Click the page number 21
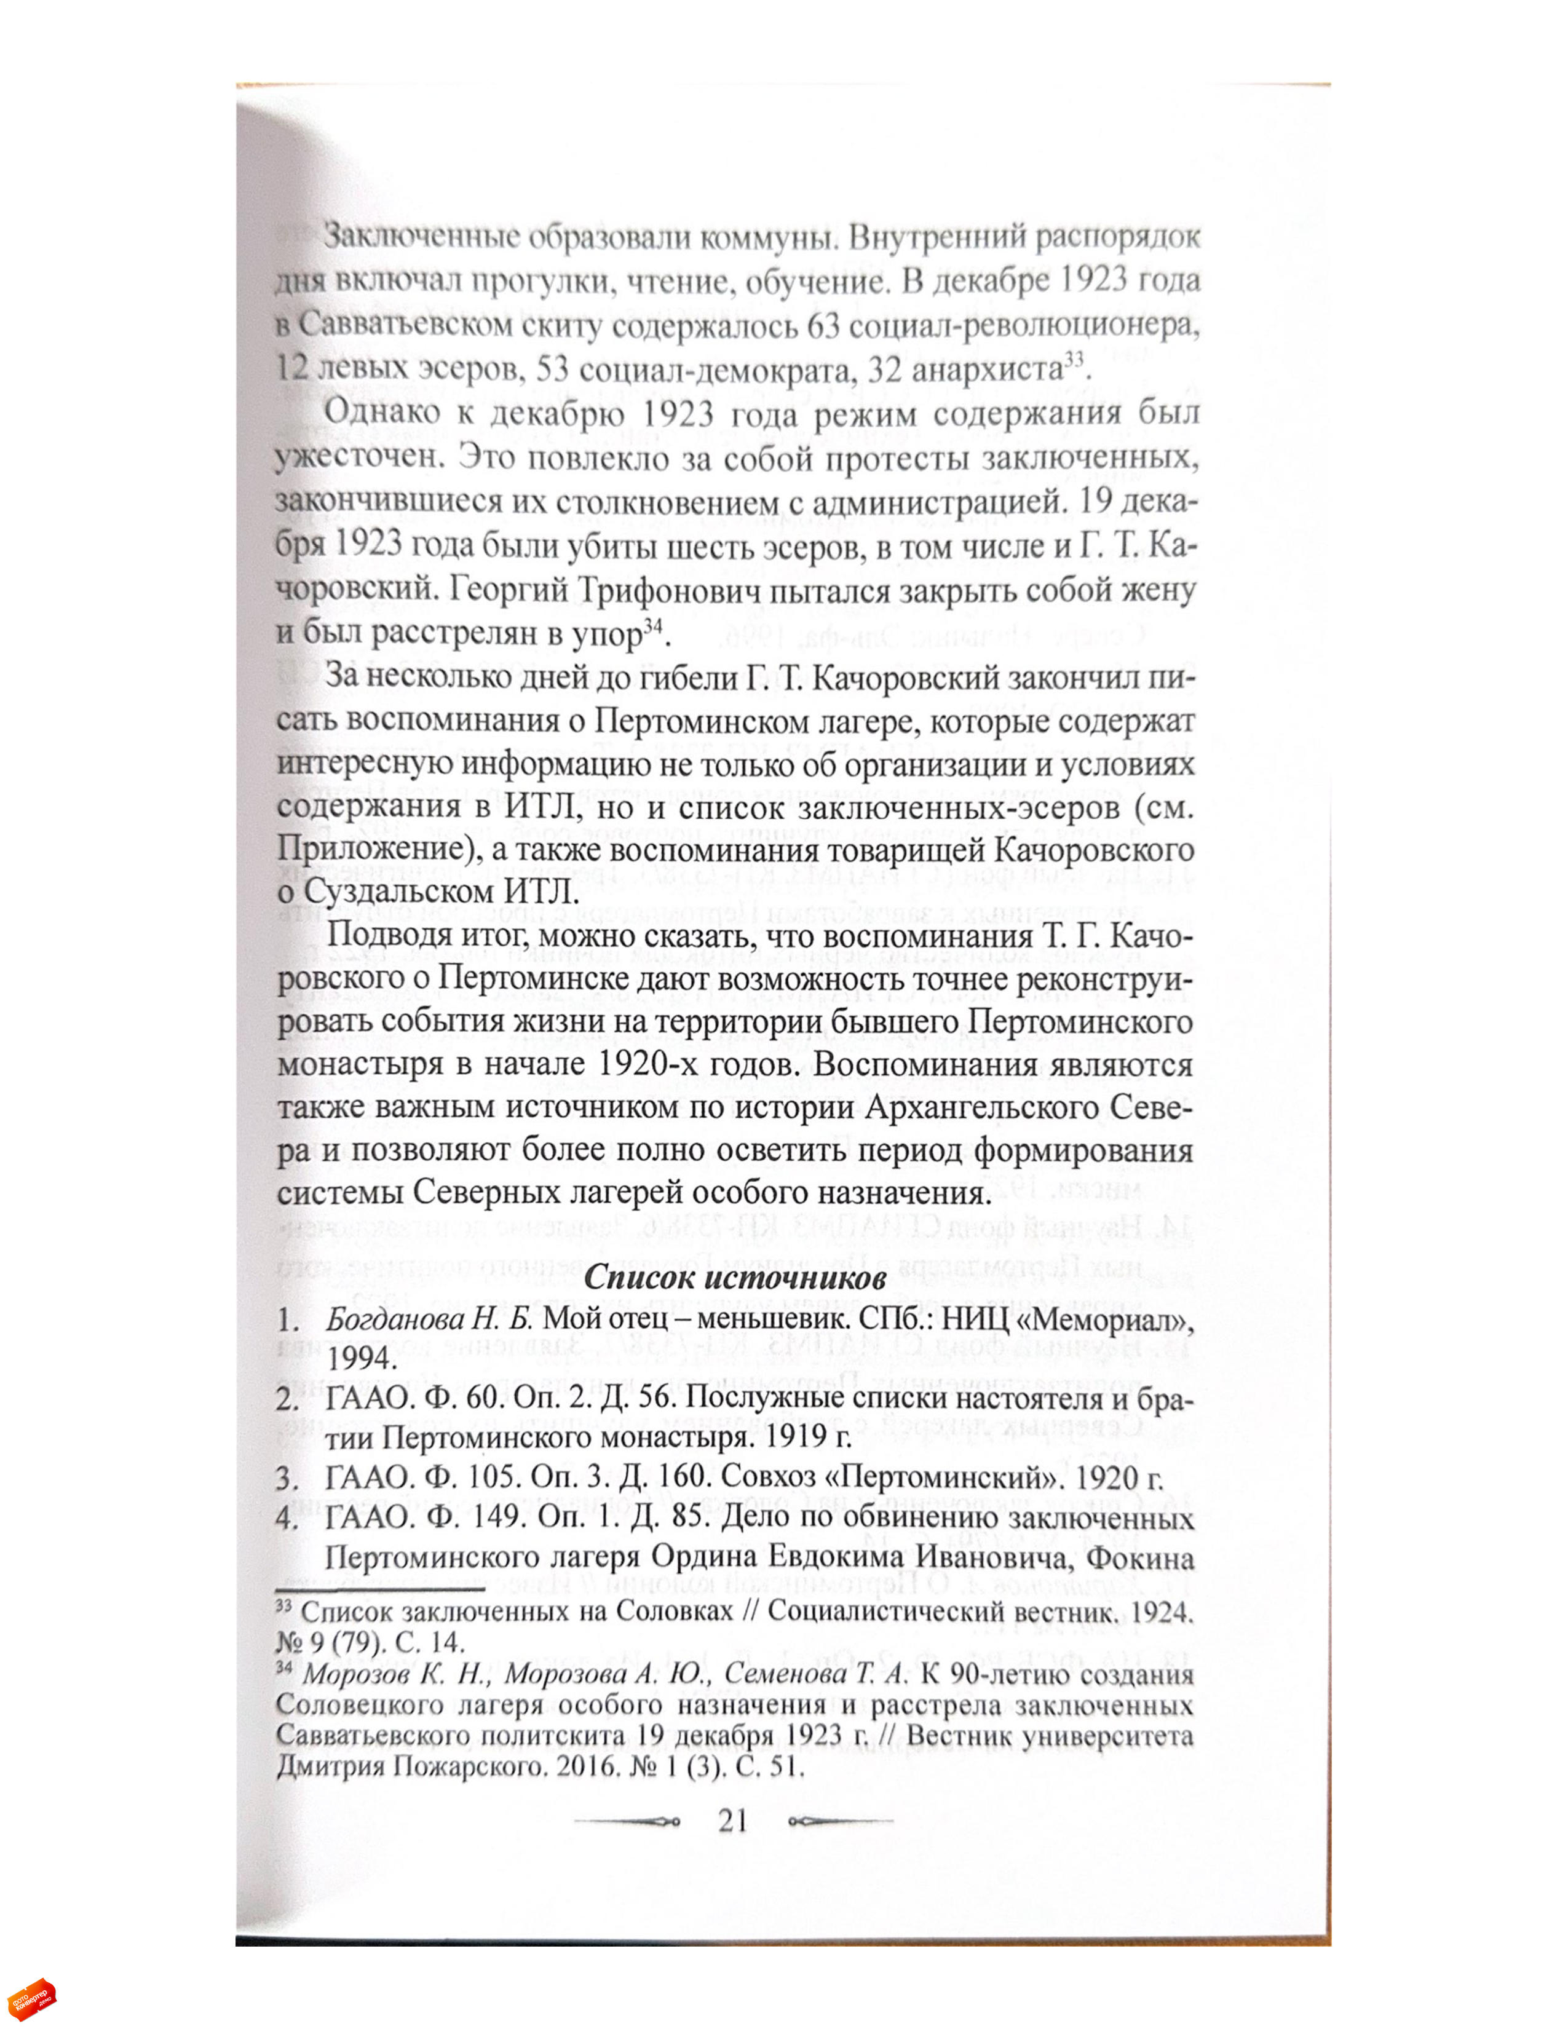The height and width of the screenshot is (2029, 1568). click(733, 1819)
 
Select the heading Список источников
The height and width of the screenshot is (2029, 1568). click(734, 1278)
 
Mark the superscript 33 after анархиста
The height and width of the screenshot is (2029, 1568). click(1073, 360)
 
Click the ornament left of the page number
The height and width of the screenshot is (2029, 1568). click(628, 1821)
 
